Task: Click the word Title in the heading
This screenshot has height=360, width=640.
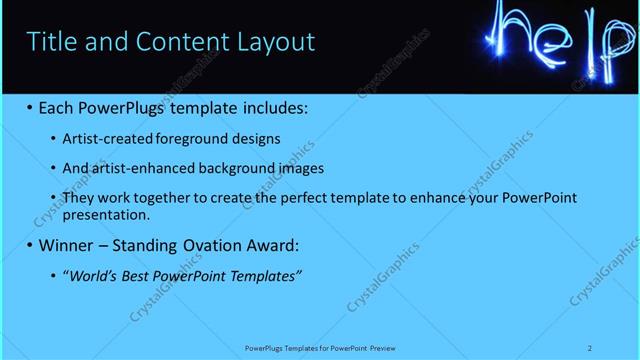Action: [55, 42]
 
